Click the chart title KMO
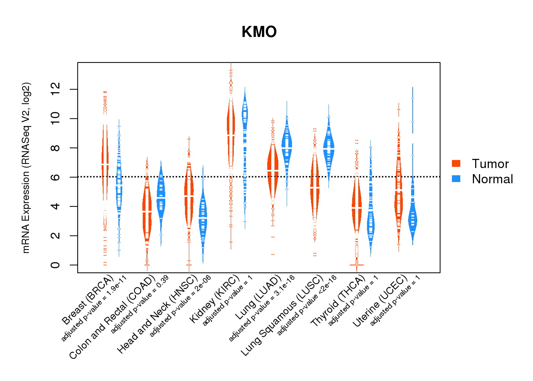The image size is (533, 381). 259,32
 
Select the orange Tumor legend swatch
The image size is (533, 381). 456,163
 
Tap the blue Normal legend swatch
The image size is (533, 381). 456,179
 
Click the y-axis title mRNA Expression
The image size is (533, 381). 26,168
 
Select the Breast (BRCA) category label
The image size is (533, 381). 88,299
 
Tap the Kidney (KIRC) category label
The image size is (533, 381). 215,299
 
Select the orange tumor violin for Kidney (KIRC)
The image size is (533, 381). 231,130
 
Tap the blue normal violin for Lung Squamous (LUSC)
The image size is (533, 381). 329,147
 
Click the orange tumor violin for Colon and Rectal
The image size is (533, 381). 147,213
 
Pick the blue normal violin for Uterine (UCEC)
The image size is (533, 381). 412,219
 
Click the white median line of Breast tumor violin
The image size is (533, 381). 105,164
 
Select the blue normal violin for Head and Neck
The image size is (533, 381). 203,217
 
